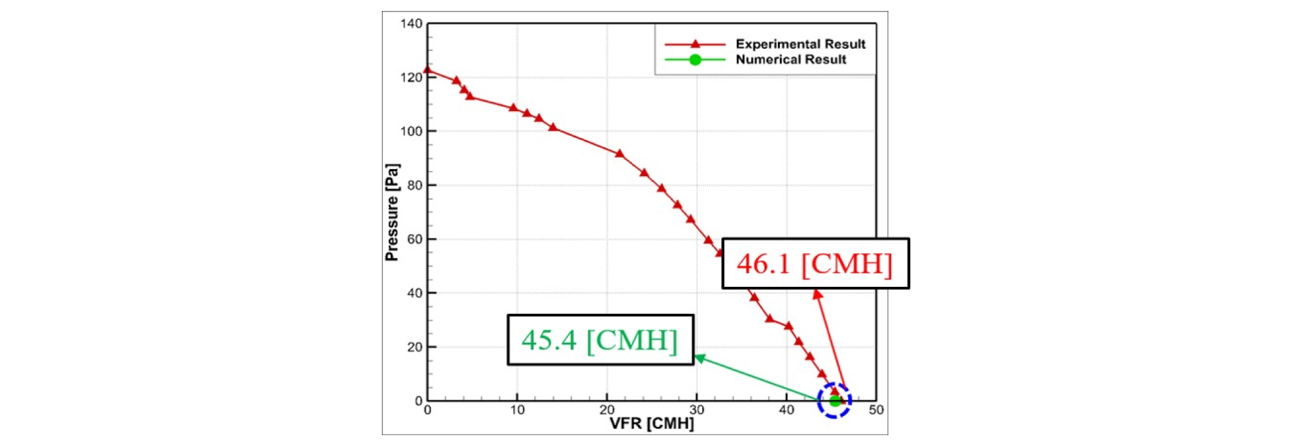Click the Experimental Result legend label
800,44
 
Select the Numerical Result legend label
790,60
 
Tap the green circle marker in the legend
694,60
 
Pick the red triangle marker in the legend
694,44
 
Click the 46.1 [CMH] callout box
815,264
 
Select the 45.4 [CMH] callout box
600,340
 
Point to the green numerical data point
835,401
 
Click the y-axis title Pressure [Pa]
391,212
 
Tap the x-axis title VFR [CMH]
651,424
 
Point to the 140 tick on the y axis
411,24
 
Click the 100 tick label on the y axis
411,131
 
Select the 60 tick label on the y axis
414,239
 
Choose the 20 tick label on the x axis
607,410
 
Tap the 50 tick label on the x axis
876,410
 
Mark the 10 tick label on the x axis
517,410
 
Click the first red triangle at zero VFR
428,69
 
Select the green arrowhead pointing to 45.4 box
700,358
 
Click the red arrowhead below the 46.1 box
817,295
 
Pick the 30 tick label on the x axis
696,410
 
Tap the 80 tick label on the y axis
414,185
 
